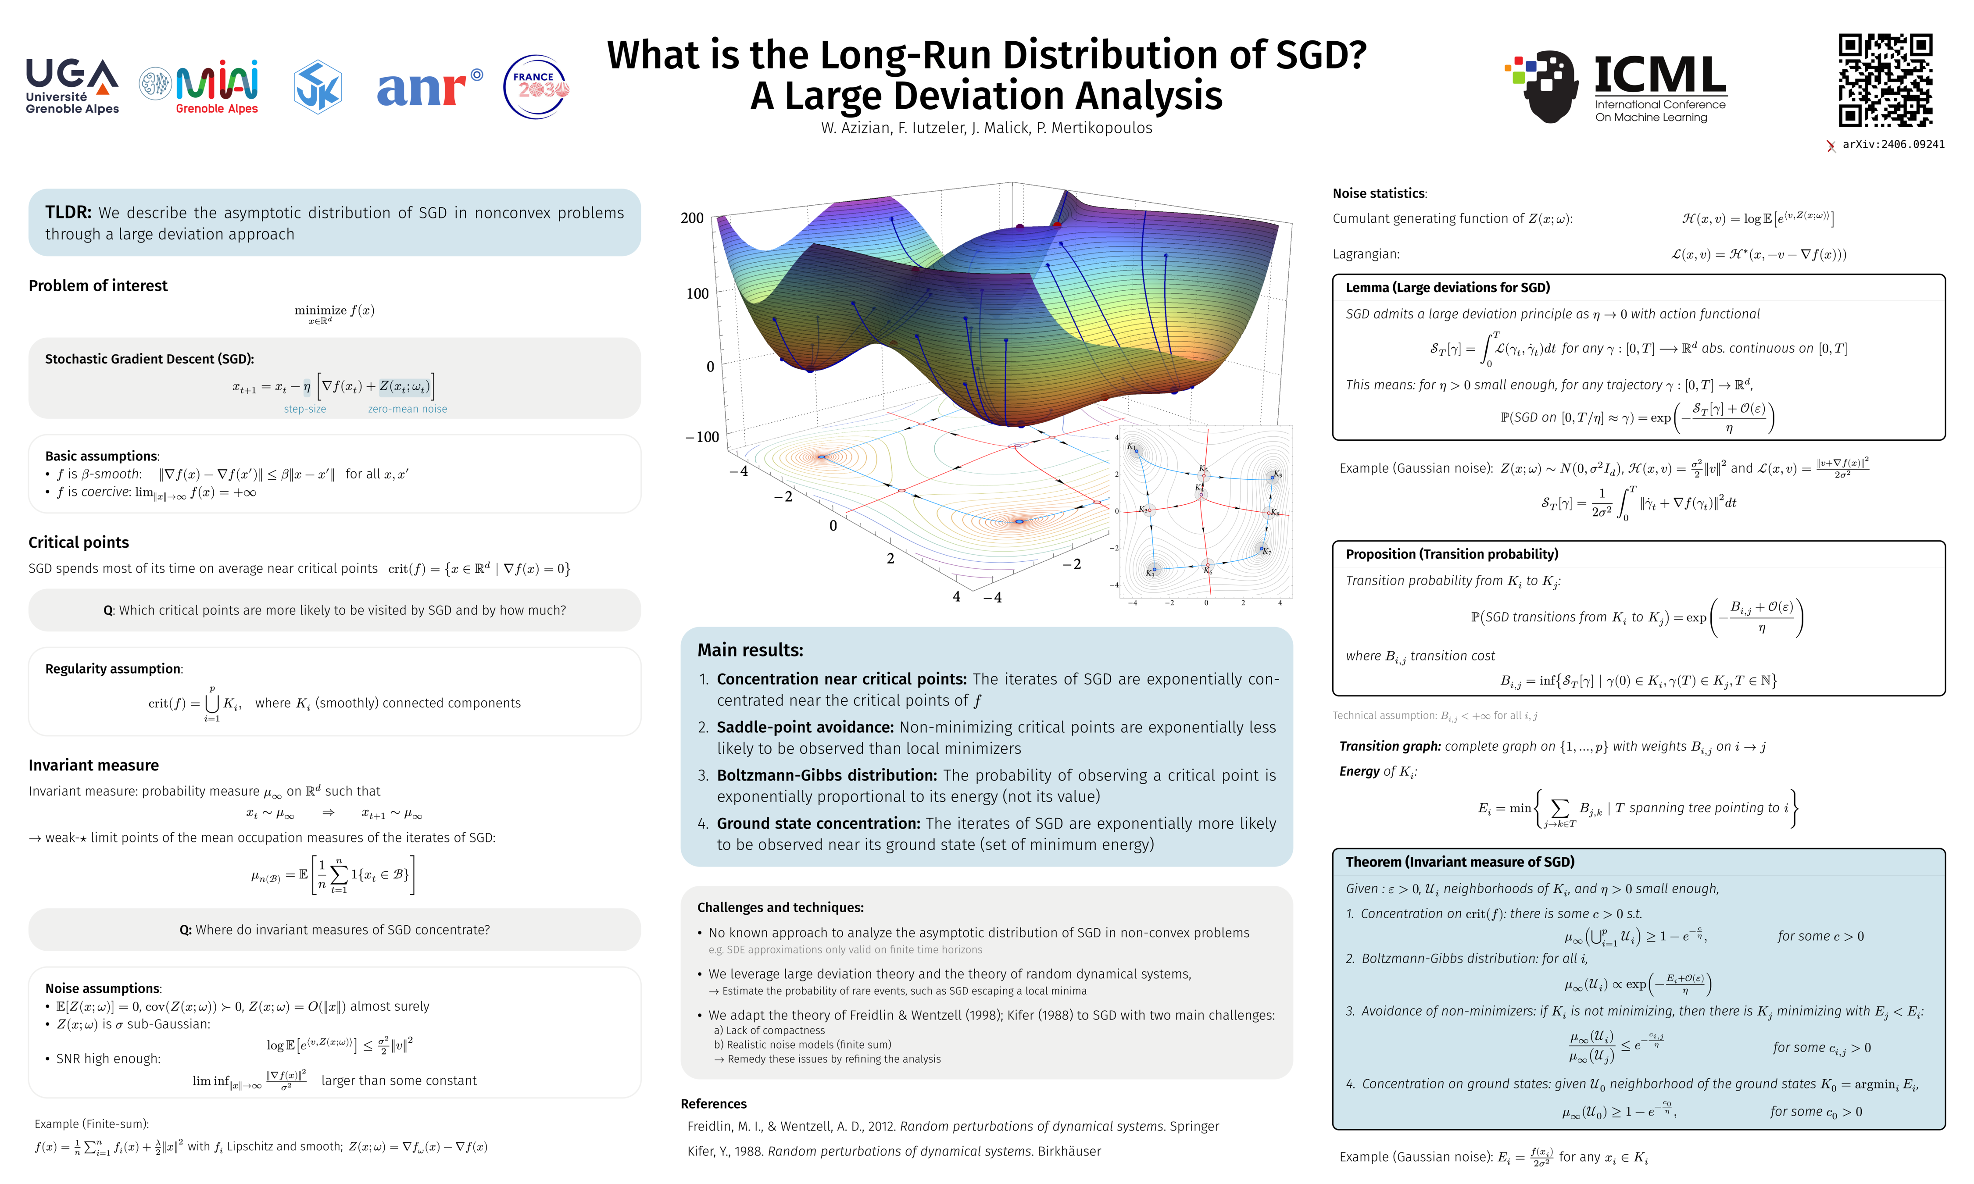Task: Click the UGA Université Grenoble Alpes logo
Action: pyautogui.click(x=72, y=86)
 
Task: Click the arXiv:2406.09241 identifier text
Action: pyautogui.click(x=1892, y=144)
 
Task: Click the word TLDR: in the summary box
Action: pyautogui.click(x=68, y=212)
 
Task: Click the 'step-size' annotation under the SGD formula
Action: pyautogui.click(x=305, y=409)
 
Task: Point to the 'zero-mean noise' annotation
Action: pyautogui.click(x=407, y=409)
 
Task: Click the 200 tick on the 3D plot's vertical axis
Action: pyautogui.click(x=692, y=218)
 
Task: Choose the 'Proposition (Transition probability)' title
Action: pyautogui.click(x=1452, y=554)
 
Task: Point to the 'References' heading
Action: pyautogui.click(x=713, y=1103)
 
